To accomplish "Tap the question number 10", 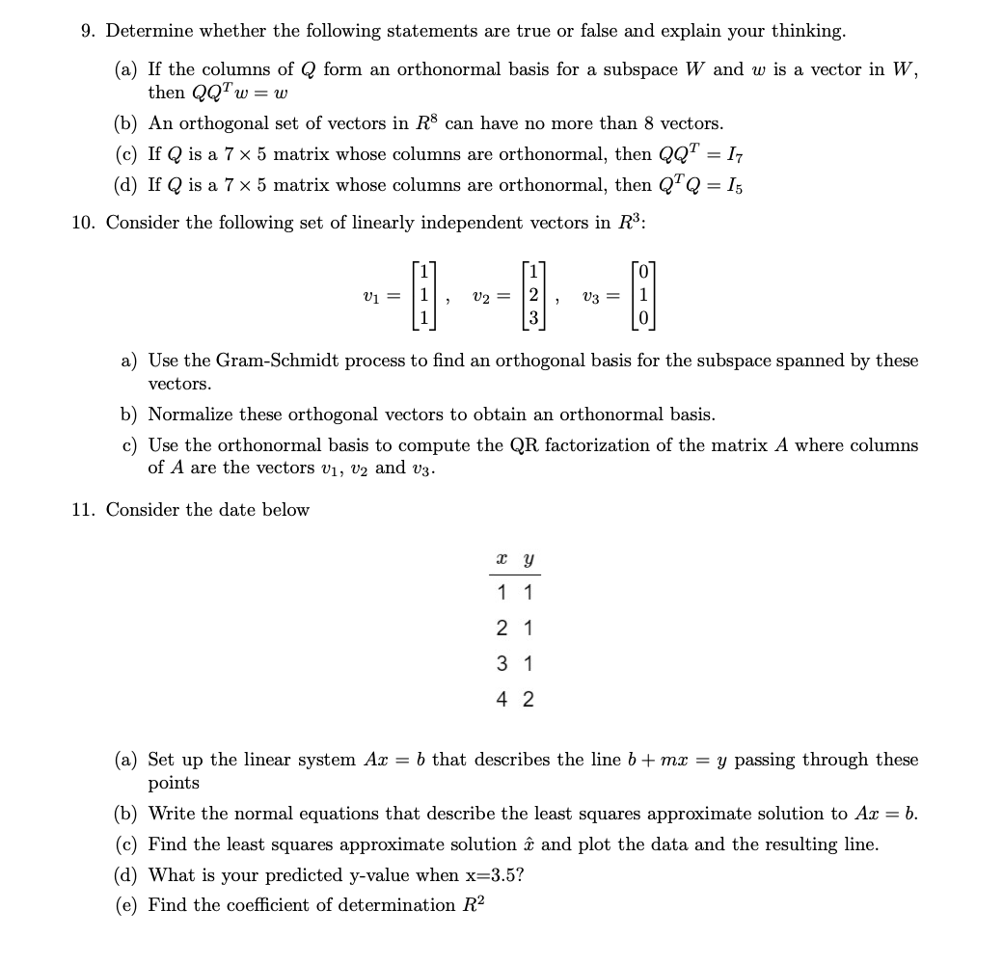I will pyautogui.click(x=83, y=223).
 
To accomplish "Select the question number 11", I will pyautogui.click(x=83, y=510).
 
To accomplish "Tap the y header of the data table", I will pyautogui.click(x=528, y=558).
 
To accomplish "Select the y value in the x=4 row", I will pyautogui.click(x=528, y=699).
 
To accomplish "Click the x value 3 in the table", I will pyautogui.click(x=501, y=663).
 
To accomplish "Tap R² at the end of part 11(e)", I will pyautogui.click(x=466, y=904).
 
